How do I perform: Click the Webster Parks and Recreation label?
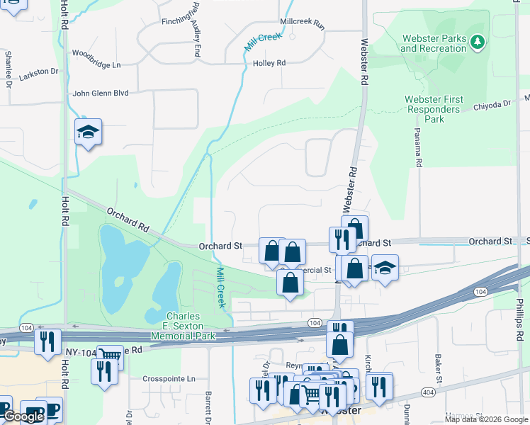coord(434,42)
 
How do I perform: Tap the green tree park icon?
coord(478,42)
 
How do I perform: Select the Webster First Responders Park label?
coord(434,110)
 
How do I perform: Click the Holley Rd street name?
coord(269,63)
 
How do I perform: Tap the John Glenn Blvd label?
coord(101,93)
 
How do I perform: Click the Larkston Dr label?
coord(40,72)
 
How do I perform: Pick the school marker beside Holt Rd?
coord(89,132)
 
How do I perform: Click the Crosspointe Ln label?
coord(169,379)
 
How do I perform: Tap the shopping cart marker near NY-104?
coord(110,357)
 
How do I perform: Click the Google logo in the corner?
coord(23,416)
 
